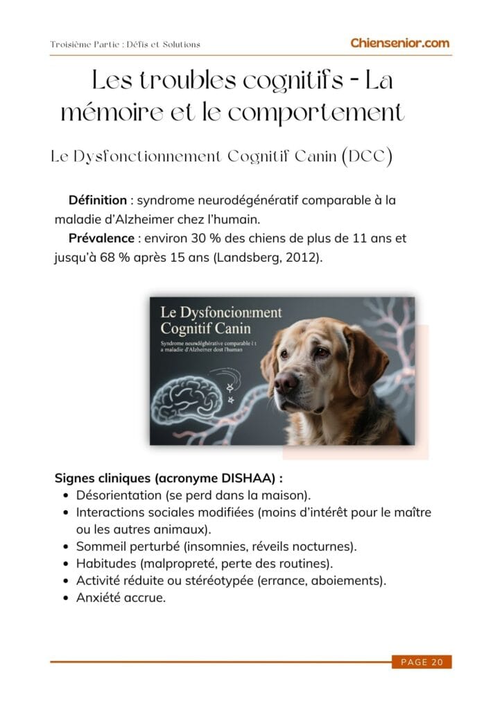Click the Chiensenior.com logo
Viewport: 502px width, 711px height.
point(399,43)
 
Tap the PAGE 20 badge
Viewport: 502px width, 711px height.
point(422,662)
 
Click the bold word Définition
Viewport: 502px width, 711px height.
point(98,201)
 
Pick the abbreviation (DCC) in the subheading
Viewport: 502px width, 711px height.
point(367,156)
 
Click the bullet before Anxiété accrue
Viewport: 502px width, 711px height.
point(64,597)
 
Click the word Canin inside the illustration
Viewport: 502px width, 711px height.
point(234,327)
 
